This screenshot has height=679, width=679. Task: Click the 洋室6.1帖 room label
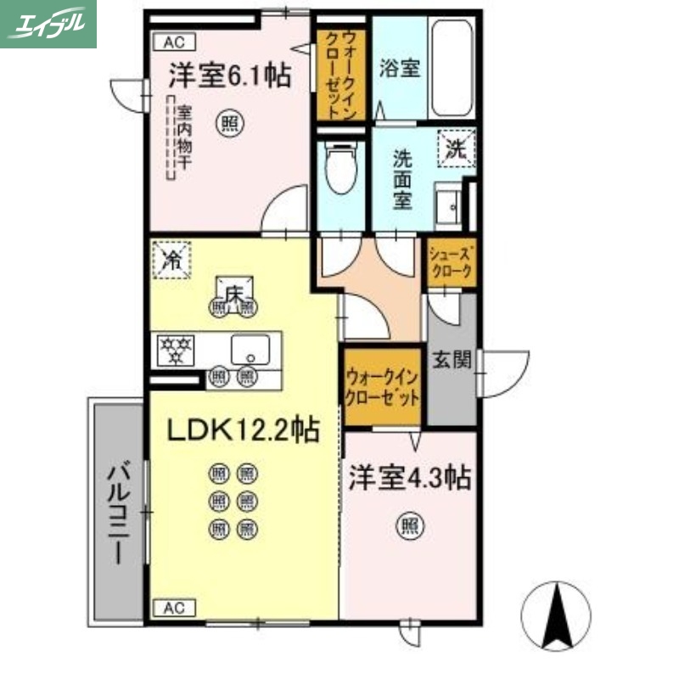(x=229, y=76)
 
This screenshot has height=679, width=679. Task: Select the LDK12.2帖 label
(x=242, y=431)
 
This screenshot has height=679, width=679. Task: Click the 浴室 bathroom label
(x=399, y=68)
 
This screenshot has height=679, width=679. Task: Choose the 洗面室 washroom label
(x=401, y=179)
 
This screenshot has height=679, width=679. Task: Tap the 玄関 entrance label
(x=451, y=360)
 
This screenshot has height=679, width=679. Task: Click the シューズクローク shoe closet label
(x=451, y=261)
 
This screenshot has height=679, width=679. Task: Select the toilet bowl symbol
(x=342, y=174)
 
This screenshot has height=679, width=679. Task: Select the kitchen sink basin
(x=250, y=348)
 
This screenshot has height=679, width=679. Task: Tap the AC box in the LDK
(x=173, y=608)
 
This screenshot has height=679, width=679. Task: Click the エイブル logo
(x=48, y=24)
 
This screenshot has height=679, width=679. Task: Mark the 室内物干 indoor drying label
(x=183, y=140)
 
